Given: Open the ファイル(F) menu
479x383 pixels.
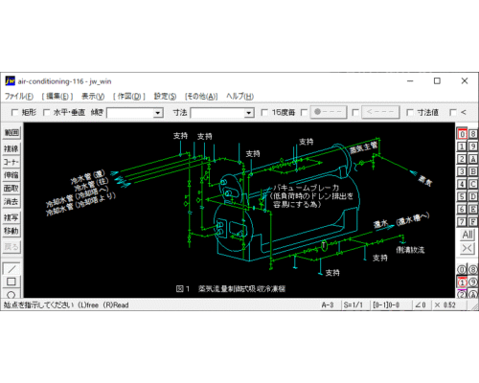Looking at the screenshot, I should (x=19, y=97).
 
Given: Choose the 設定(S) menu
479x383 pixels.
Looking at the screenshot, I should (x=166, y=97).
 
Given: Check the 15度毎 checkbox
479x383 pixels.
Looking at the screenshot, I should (x=265, y=113).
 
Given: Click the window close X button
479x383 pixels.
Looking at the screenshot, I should (x=464, y=80).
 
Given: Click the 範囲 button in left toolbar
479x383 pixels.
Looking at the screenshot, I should (x=11, y=133).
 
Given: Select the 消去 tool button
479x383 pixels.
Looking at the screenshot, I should (x=11, y=202).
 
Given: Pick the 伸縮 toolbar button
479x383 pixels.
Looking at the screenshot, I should (x=11, y=175).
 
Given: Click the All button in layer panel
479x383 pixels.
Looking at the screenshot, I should (x=467, y=235).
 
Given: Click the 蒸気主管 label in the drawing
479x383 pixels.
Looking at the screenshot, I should (x=367, y=150).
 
